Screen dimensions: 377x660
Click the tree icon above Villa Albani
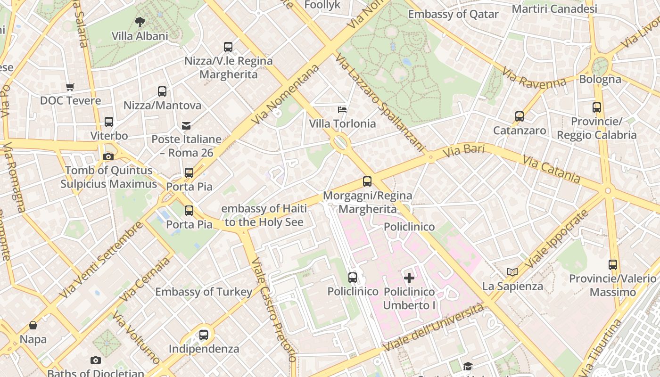coord(140,22)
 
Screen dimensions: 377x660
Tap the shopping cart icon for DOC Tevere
coord(70,87)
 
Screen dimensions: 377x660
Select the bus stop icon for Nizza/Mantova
coord(162,91)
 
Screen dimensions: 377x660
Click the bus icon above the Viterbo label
coord(109,122)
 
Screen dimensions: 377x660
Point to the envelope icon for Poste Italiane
coord(186,126)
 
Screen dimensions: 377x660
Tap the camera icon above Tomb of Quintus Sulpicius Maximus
coord(108,156)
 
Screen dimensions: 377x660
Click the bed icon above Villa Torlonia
coord(342,110)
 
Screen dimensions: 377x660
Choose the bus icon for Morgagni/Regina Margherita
coord(367,181)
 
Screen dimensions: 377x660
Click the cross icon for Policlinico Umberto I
coord(409,278)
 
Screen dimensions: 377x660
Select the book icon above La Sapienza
coord(512,272)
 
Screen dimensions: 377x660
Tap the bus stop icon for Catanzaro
coord(520,116)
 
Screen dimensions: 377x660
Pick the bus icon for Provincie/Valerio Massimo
coord(613,265)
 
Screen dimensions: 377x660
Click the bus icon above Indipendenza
coord(204,335)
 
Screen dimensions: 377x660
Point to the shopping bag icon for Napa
coord(33,325)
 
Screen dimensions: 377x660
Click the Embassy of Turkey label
coord(204,292)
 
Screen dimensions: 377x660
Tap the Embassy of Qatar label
coord(453,14)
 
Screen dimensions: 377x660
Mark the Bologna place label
coord(600,79)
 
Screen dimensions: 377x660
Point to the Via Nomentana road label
coord(285,95)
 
